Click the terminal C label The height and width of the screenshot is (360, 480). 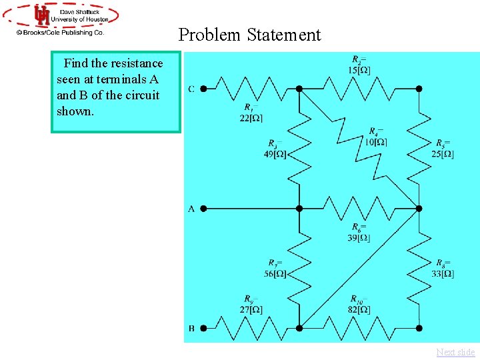[x=191, y=89]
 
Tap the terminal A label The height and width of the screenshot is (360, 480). [x=191, y=209]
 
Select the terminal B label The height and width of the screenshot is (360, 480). [x=191, y=328]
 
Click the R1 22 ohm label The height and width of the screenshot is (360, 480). [x=251, y=113]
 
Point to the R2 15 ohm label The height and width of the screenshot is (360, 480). [x=359, y=64]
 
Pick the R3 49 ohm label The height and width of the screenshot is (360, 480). [x=275, y=149]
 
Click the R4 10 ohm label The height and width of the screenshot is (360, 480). [x=376, y=137]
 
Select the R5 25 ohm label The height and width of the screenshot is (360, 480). [x=443, y=149]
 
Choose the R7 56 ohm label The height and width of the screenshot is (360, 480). [x=275, y=269]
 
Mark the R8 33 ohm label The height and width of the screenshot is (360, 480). [x=443, y=269]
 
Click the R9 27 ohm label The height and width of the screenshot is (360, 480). [x=251, y=305]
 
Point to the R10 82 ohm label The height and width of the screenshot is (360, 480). [x=359, y=305]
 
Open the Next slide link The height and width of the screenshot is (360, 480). [x=456, y=352]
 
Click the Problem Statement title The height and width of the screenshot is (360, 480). [x=249, y=35]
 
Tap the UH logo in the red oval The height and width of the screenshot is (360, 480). [x=42, y=15]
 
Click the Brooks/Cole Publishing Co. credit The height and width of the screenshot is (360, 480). [x=61, y=31]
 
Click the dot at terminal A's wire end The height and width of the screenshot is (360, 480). [x=203, y=208]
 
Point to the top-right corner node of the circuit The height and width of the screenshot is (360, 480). [x=419, y=88]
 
